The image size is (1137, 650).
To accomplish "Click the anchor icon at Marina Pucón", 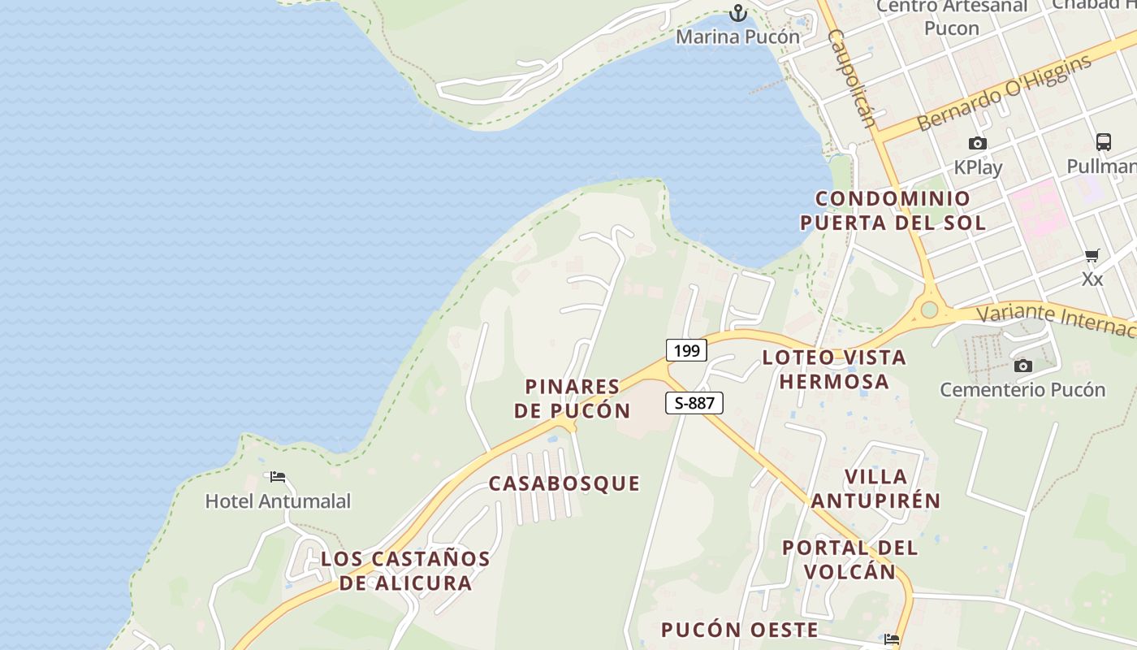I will point(737,13).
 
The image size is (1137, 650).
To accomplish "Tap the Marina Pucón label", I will point(737,37).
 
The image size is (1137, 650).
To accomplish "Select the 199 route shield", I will point(686,351).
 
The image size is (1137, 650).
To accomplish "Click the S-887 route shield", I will point(694,403).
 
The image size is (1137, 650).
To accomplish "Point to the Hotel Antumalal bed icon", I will point(278,477).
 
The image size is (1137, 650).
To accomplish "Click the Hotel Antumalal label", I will point(278,501).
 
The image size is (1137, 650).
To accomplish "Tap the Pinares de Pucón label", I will point(573,398).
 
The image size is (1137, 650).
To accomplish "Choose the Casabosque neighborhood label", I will point(564,483).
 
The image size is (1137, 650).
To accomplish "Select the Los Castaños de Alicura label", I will point(405,570).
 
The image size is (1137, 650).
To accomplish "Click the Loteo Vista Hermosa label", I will point(834,369).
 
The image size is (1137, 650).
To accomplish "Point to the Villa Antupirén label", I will point(875,488).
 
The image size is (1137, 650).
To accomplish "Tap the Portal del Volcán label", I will point(850,559).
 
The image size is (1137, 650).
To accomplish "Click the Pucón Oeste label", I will point(739,630).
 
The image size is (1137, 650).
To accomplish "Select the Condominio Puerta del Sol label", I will point(893,210).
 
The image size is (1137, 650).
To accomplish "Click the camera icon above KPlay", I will point(978,144).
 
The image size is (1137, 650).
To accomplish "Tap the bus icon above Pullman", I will point(1103,142).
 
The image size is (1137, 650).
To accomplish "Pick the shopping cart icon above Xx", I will point(1092,256).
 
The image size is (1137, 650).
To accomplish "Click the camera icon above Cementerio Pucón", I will point(1023,366).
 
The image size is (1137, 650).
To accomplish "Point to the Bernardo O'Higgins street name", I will point(1005,93).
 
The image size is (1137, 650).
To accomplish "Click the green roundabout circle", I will point(929,310).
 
